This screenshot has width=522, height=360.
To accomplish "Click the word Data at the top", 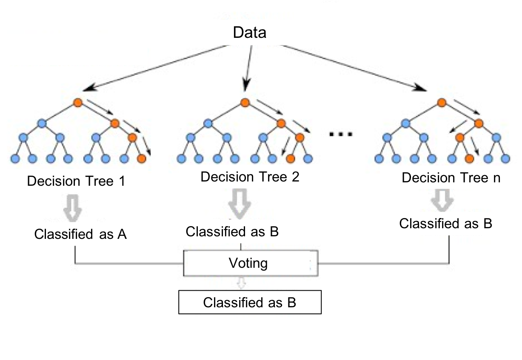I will [249, 33].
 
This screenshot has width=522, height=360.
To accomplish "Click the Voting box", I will [250, 264].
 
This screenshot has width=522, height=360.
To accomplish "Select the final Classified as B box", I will [250, 303].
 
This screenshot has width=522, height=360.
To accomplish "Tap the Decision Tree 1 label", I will [76, 181].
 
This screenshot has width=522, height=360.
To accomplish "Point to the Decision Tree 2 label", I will [250, 176].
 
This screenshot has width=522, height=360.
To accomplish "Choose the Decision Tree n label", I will [451, 178].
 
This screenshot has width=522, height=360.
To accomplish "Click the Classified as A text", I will [81, 234].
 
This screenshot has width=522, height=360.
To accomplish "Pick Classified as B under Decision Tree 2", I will [232, 232].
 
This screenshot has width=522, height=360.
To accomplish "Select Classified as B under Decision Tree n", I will [445, 224].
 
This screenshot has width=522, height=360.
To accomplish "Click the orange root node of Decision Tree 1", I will [77, 103].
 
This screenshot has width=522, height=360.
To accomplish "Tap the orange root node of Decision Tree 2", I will [244, 103].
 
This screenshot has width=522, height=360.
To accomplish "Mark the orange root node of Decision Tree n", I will [442, 103].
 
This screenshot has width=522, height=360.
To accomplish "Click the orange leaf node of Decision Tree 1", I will [142, 159].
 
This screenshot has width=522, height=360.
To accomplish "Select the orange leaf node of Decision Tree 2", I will [291, 159].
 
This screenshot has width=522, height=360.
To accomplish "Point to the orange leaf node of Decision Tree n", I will [469, 159].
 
